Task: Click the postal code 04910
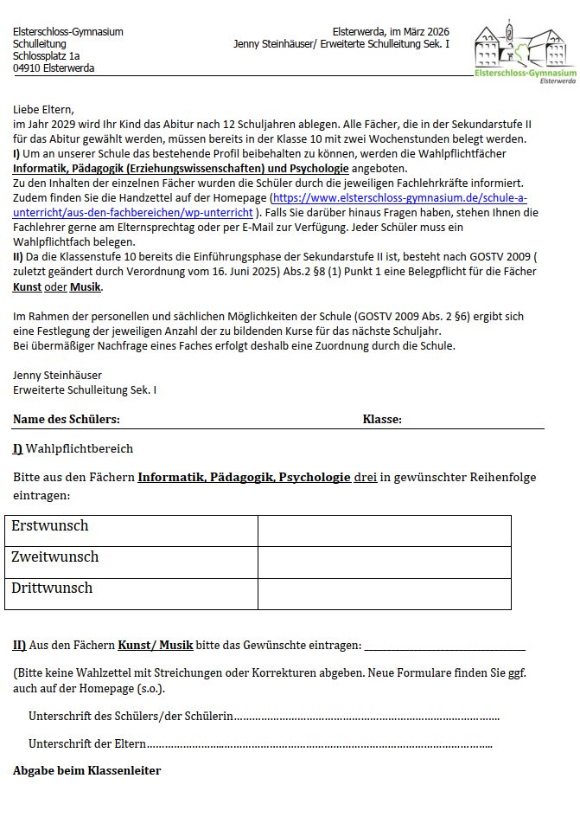(28, 68)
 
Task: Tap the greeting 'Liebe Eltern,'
(44, 110)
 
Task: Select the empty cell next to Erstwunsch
(384, 531)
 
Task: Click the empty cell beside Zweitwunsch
(384, 562)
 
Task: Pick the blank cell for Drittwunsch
(384, 594)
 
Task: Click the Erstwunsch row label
(50, 526)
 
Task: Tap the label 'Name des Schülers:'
(66, 420)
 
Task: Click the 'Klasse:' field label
(382, 420)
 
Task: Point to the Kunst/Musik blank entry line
(444, 647)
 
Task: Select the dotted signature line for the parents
(320, 743)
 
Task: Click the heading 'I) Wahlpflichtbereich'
(73, 448)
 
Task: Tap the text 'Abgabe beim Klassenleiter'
(86, 770)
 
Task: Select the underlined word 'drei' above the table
(366, 477)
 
